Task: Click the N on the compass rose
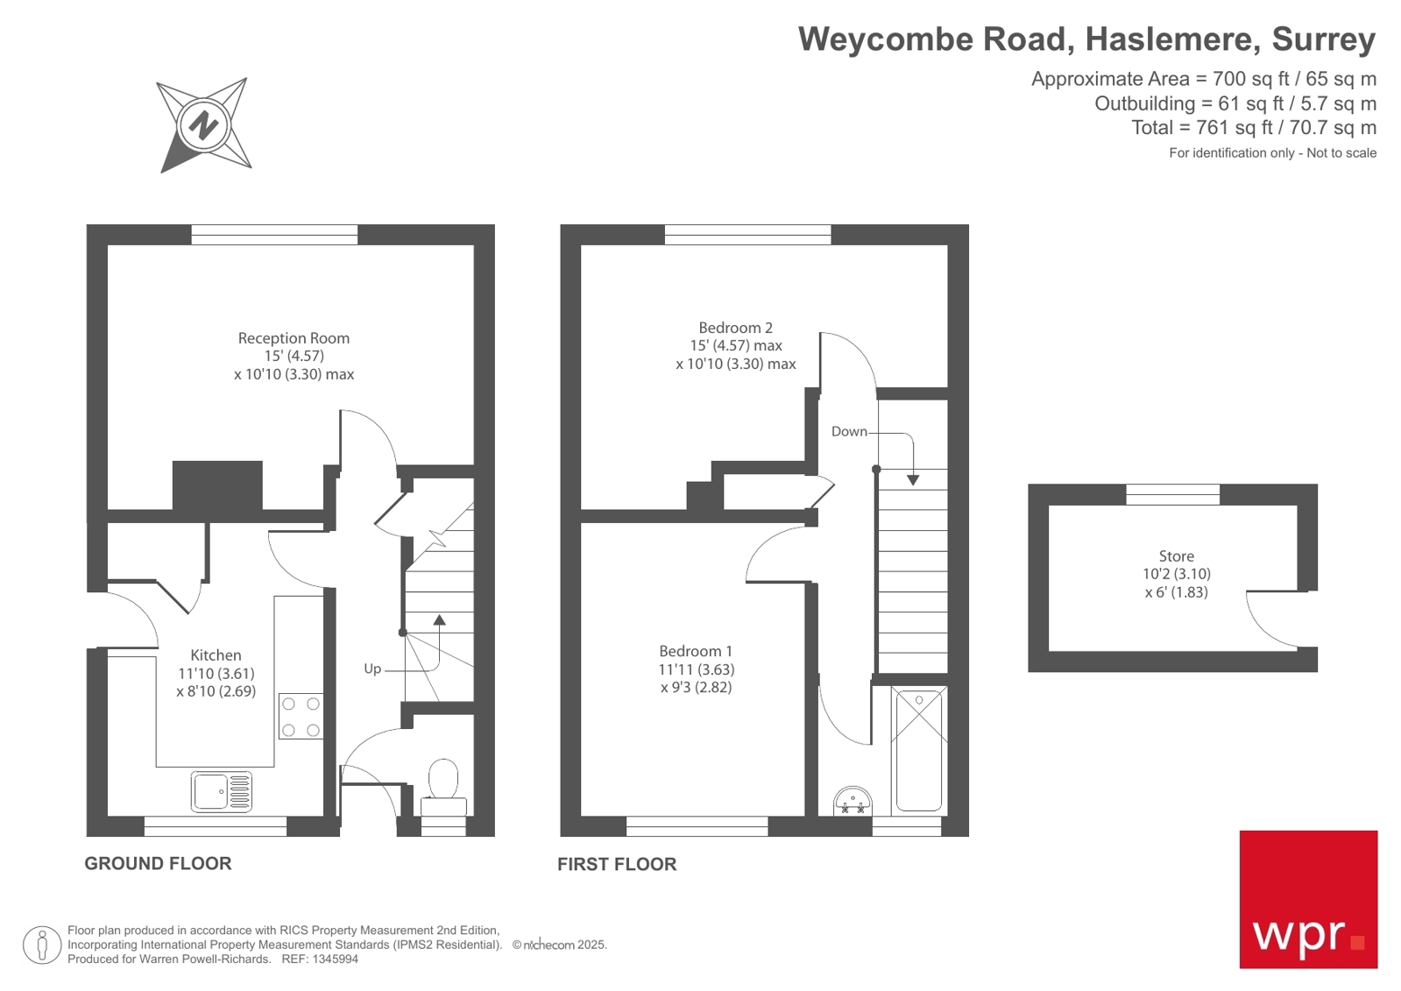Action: (x=203, y=125)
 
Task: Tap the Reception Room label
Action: (x=294, y=338)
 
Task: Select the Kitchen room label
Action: (x=216, y=655)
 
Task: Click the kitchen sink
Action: (x=222, y=790)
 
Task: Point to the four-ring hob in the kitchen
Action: (x=301, y=716)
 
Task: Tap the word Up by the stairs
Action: (x=372, y=669)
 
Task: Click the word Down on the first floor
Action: (x=849, y=431)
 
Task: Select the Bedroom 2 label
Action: (x=735, y=328)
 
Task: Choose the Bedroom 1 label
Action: (x=696, y=651)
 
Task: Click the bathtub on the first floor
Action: (x=918, y=750)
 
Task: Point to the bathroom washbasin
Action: (x=853, y=800)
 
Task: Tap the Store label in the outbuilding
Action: (x=1176, y=556)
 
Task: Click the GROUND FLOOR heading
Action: (x=158, y=864)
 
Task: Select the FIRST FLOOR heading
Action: (x=617, y=865)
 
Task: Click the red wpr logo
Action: (x=1307, y=899)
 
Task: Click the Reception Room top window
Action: (x=274, y=234)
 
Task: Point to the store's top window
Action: (x=1172, y=494)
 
